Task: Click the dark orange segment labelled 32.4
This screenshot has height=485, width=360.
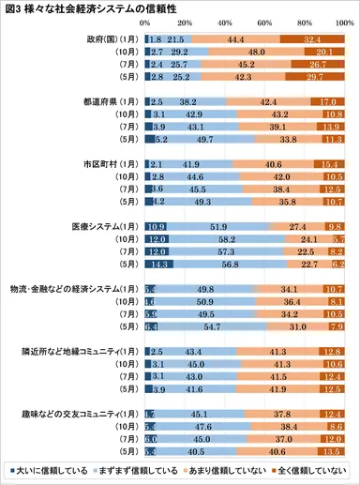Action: tap(314, 38)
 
